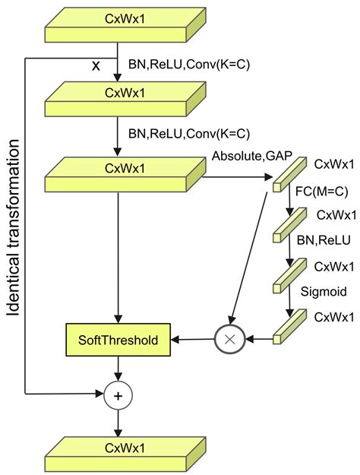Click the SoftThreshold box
click(118, 340)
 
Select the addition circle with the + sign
click(118, 394)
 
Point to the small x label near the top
click(96, 66)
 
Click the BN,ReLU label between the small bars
click(323, 241)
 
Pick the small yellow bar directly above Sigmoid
click(289, 274)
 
